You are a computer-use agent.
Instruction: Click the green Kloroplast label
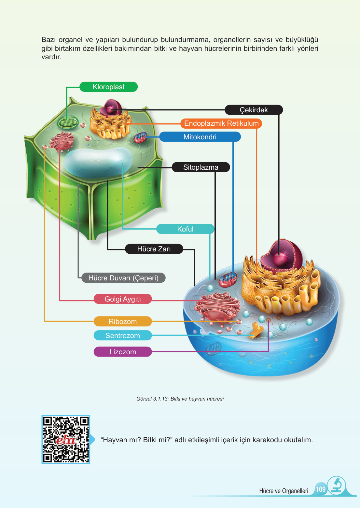(x=109, y=87)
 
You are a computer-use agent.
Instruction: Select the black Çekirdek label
(x=254, y=110)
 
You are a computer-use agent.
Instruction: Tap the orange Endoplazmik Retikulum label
(x=221, y=123)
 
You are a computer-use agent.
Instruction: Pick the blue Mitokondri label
(x=200, y=137)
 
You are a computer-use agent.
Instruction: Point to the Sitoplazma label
(x=201, y=167)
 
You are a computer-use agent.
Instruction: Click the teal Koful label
(x=185, y=229)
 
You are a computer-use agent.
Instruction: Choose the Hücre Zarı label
(x=154, y=249)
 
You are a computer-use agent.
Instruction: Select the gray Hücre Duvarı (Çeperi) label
(x=123, y=278)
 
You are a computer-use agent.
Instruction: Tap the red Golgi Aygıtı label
(x=123, y=299)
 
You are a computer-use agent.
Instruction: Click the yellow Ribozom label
(x=123, y=321)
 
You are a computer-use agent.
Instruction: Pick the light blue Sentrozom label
(x=123, y=335)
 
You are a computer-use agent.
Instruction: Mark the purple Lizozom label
(x=123, y=352)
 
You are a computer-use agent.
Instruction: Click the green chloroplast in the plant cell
(x=68, y=122)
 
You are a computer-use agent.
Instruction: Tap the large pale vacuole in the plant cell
(x=98, y=162)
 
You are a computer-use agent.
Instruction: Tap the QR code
(x=66, y=439)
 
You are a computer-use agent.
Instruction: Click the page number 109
(x=321, y=489)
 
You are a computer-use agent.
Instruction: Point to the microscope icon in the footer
(x=337, y=486)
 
